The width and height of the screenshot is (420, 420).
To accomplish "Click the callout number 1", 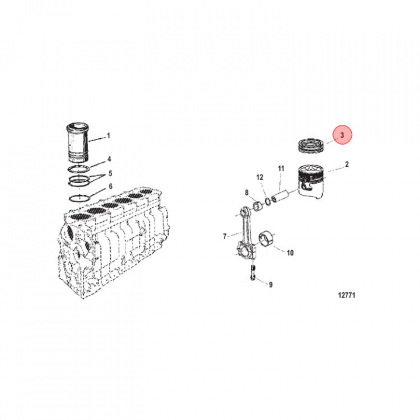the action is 108,136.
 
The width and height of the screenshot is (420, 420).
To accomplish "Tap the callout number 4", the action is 109,159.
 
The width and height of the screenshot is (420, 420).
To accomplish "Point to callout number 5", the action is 110,174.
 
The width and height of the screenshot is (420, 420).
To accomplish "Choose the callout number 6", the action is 110,186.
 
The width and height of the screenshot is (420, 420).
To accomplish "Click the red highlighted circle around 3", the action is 342,135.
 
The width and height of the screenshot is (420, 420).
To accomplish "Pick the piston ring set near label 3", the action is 311,146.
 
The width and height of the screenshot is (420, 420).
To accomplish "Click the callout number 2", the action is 347,164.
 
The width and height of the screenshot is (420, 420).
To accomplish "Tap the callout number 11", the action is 281,169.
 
